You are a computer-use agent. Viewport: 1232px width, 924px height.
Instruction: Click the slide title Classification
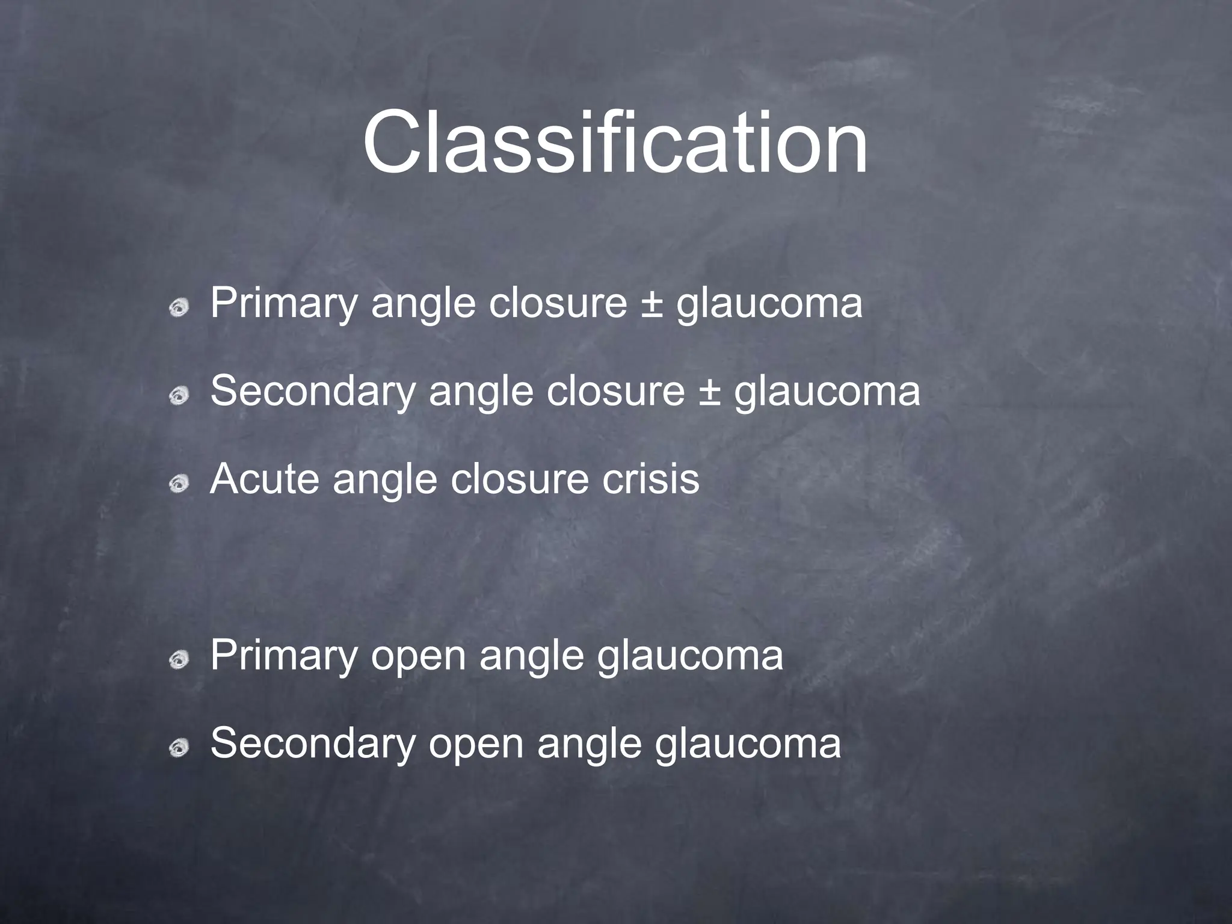[x=615, y=143]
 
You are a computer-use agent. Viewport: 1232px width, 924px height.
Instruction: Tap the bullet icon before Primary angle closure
[x=179, y=309]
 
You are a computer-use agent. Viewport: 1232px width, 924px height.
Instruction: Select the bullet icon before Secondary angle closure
[x=179, y=396]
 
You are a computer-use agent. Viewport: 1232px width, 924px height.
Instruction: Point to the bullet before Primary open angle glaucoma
[x=179, y=661]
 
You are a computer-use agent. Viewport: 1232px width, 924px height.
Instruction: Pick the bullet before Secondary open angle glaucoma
[x=179, y=748]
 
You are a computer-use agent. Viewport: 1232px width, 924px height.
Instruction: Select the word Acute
[x=265, y=479]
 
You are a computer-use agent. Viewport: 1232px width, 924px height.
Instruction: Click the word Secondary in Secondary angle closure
[x=313, y=392]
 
